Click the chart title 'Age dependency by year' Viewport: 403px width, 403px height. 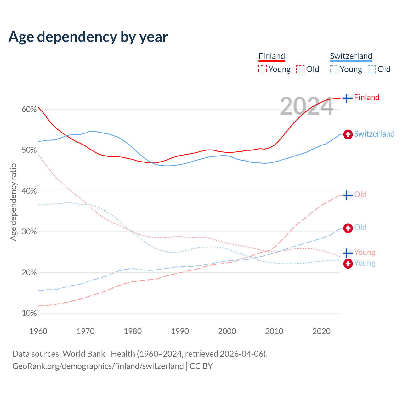pyautogui.click(x=88, y=37)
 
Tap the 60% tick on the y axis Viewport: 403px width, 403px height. pyautogui.click(x=29, y=110)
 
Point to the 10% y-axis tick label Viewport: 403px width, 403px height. pyautogui.click(x=29, y=313)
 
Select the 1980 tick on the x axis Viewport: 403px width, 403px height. pyautogui.click(x=133, y=331)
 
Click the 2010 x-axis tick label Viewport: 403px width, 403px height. pyautogui.click(x=274, y=331)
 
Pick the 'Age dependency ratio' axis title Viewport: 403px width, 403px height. pyautogui.click(x=13, y=202)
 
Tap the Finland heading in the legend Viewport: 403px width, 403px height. pyautogui.click(x=272, y=56)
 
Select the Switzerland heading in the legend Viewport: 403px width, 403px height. pyautogui.click(x=351, y=56)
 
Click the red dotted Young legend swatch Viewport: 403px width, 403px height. pyautogui.click(x=263, y=69)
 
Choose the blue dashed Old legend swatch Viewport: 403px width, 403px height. pyautogui.click(x=372, y=69)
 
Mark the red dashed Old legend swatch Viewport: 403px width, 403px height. pyautogui.click(x=300, y=69)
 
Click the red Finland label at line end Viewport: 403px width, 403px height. pyautogui.click(x=366, y=97)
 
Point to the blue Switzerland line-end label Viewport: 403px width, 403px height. pyautogui.click(x=374, y=134)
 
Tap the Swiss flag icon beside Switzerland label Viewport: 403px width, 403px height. pyautogui.click(x=348, y=134)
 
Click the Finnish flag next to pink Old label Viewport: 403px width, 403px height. pyautogui.click(x=348, y=195)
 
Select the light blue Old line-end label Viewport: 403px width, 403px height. pyautogui.click(x=360, y=227)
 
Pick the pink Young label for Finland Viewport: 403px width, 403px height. pyautogui.click(x=365, y=252)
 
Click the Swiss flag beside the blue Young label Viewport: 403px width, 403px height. pyautogui.click(x=348, y=263)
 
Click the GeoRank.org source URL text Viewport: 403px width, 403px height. pyautogui.click(x=98, y=366)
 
